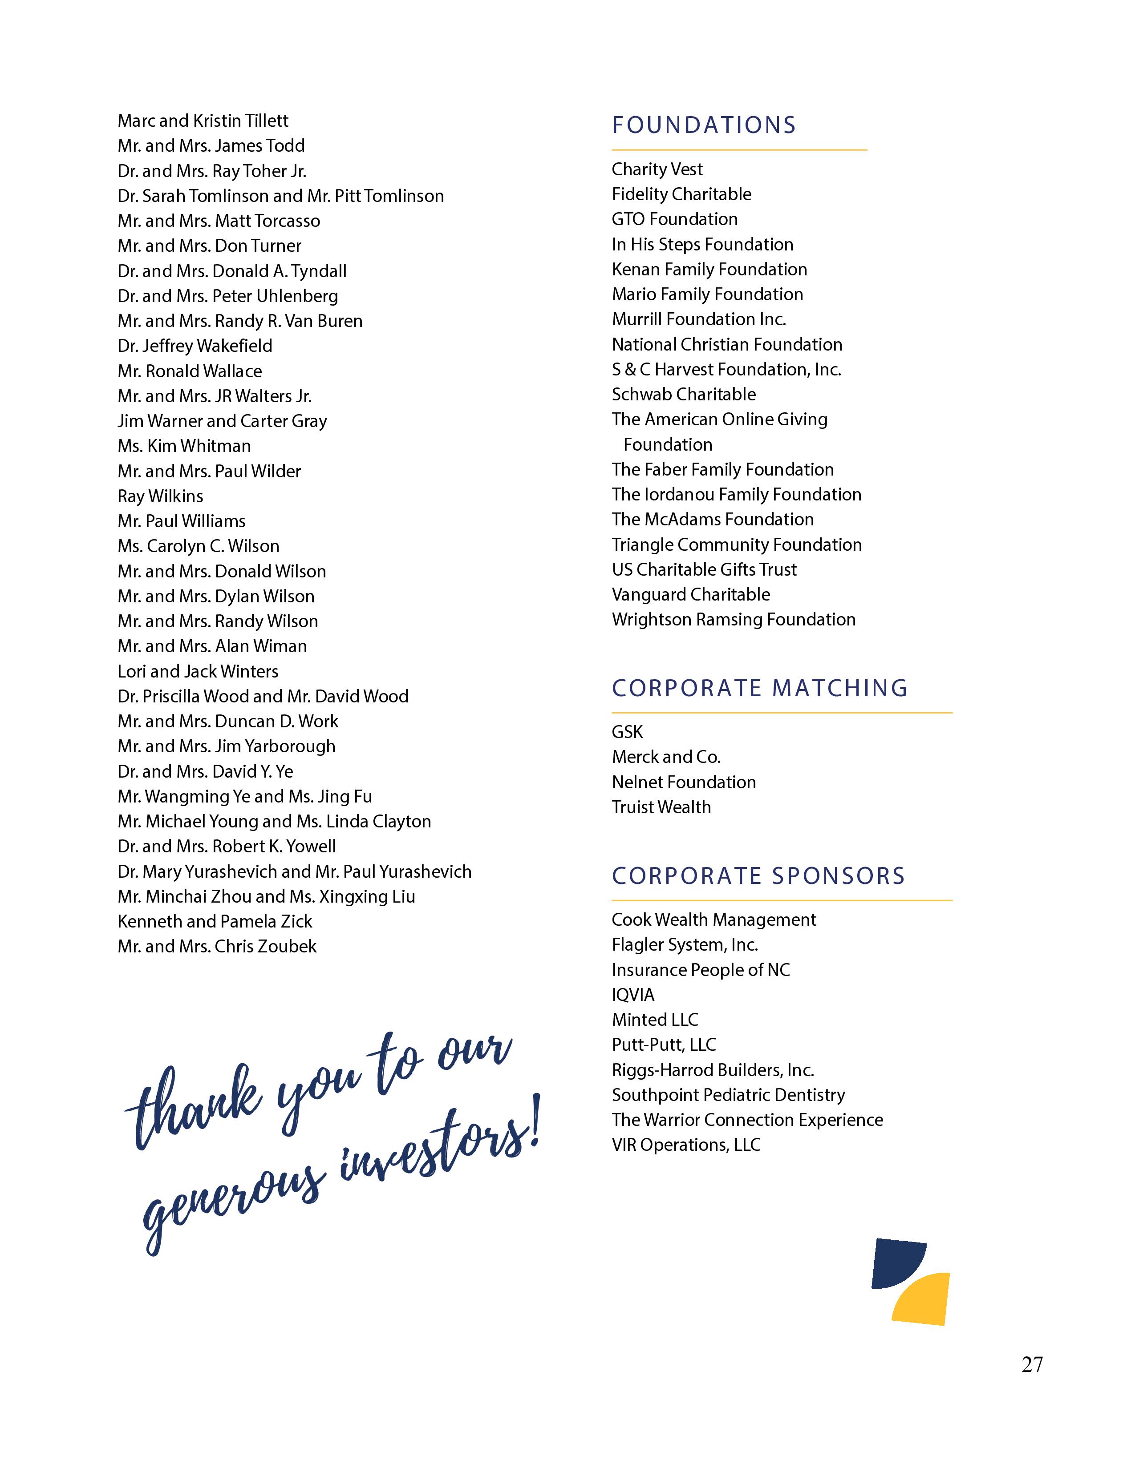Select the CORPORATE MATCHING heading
(760, 688)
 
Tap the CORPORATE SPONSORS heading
(758, 876)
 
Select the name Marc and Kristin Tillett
(203, 121)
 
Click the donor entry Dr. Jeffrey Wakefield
(195, 346)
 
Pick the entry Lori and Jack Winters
(198, 671)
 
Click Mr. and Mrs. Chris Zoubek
(216, 946)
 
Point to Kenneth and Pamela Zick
(215, 922)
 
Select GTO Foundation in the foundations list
(674, 219)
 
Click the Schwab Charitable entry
(683, 395)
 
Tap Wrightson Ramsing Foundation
(734, 620)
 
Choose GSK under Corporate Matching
(627, 732)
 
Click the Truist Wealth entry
(661, 807)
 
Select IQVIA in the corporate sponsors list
(633, 995)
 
